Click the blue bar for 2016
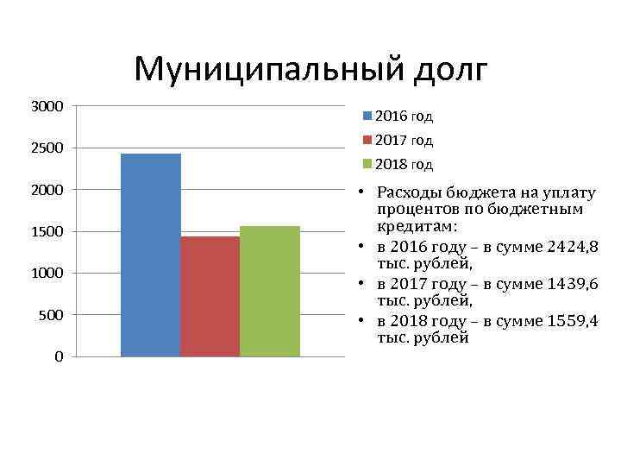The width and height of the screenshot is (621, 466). pyautogui.click(x=150, y=255)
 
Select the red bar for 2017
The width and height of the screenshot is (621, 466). pyautogui.click(x=210, y=296)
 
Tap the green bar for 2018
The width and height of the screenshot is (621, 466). pyautogui.click(x=269, y=291)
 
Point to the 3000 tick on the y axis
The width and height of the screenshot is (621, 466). pyautogui.click(x=47, y=106)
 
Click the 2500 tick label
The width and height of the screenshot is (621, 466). pyautogui.click(x=47, y=148)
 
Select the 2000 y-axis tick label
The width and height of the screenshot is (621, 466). pyautogui.click(x=47, y=189)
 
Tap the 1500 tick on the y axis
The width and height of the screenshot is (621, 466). pyautogui.click(x=47, y=231)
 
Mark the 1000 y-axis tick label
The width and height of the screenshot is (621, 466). pyautogui.click(x=47, y=273)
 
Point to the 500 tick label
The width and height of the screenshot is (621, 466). pyautogui.click(x=51, y=315)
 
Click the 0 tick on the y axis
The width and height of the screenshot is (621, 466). pyautogui.click(x=58, y=356)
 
